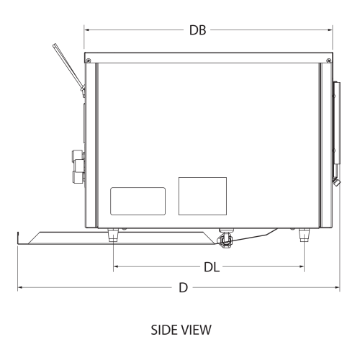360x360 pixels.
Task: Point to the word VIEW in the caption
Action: (x=195, y=330)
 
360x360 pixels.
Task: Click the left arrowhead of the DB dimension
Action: (x=86, y=31)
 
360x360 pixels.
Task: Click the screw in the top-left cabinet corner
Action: (x=89, y=59)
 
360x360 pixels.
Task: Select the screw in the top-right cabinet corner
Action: (x=328, y=59)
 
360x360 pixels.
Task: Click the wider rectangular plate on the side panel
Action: (x=138, y=200)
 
